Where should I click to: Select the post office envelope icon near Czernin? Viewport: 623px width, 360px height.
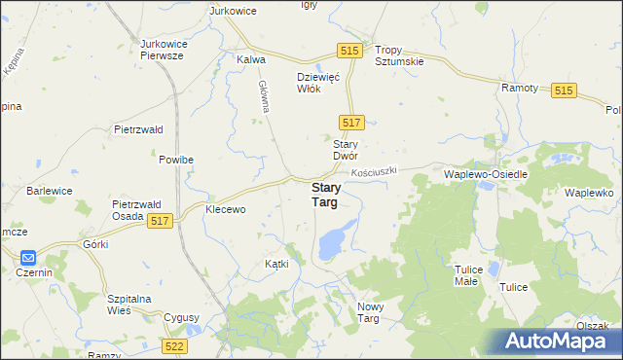(x=27, y=258)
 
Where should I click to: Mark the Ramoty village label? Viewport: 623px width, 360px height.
(x=520, y=88)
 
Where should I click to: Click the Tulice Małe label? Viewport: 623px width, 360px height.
(x=473, y=274)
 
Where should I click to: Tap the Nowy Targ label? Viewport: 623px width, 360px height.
(x=375, y=312)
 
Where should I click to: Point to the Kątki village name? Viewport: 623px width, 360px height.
(x=276, y=265)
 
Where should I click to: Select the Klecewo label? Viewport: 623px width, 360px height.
(x=225, y=209)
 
